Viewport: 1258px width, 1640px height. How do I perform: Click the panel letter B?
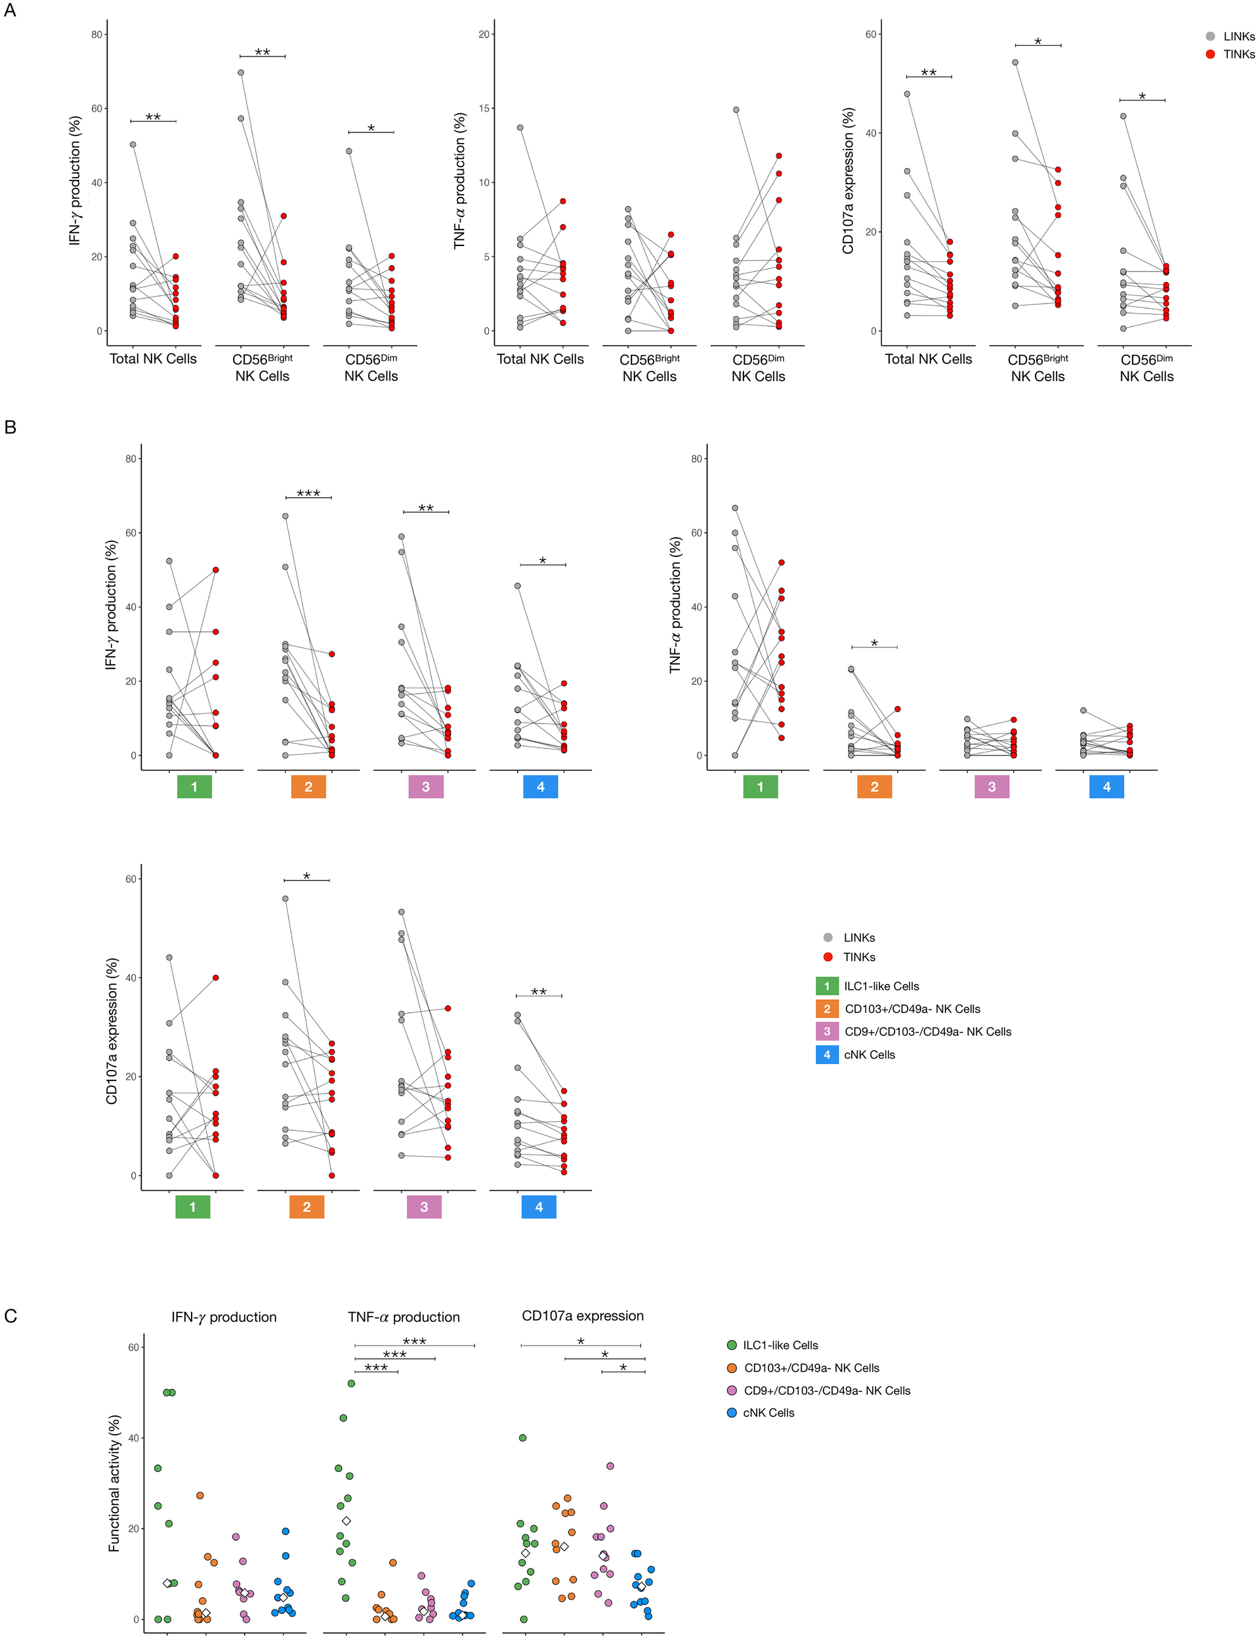[x=10, y=428]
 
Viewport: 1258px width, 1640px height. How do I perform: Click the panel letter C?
[x=10, y=1316]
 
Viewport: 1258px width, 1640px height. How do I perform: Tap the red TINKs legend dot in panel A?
[x=1210, y=54]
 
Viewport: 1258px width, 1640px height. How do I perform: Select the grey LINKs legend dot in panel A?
[x=1210, y=36]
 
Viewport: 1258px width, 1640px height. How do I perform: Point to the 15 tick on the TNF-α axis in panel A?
[x=484, y=108]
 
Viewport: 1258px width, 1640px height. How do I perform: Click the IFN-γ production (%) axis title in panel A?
[x=75, y=180]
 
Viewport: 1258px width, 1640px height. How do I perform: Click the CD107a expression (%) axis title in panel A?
[x=848, y=180]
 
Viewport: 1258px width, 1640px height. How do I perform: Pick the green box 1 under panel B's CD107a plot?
[x=192, y=1206]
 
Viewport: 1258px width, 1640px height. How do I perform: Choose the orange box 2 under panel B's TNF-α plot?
[x=874, y=787]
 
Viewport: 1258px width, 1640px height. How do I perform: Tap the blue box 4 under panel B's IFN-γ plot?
[x=541, y=787]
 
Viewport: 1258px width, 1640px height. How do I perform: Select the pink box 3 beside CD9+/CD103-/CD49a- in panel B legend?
[x=827, y=1031]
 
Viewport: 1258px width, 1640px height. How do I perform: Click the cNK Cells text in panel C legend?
[x=768, y=1412]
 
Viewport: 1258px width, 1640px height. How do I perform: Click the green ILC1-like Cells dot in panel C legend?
[x=732, y=1345]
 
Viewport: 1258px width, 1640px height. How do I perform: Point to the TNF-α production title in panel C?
[x=404, y=1317]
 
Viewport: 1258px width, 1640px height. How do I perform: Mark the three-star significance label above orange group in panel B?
[x=308, y=493]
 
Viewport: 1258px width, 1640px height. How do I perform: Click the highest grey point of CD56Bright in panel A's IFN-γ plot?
[x=240, y=73]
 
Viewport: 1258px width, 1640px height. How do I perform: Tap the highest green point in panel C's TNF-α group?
[x=351, y=1384]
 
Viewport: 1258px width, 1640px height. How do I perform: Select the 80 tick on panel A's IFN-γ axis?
[x=96, y=34]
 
